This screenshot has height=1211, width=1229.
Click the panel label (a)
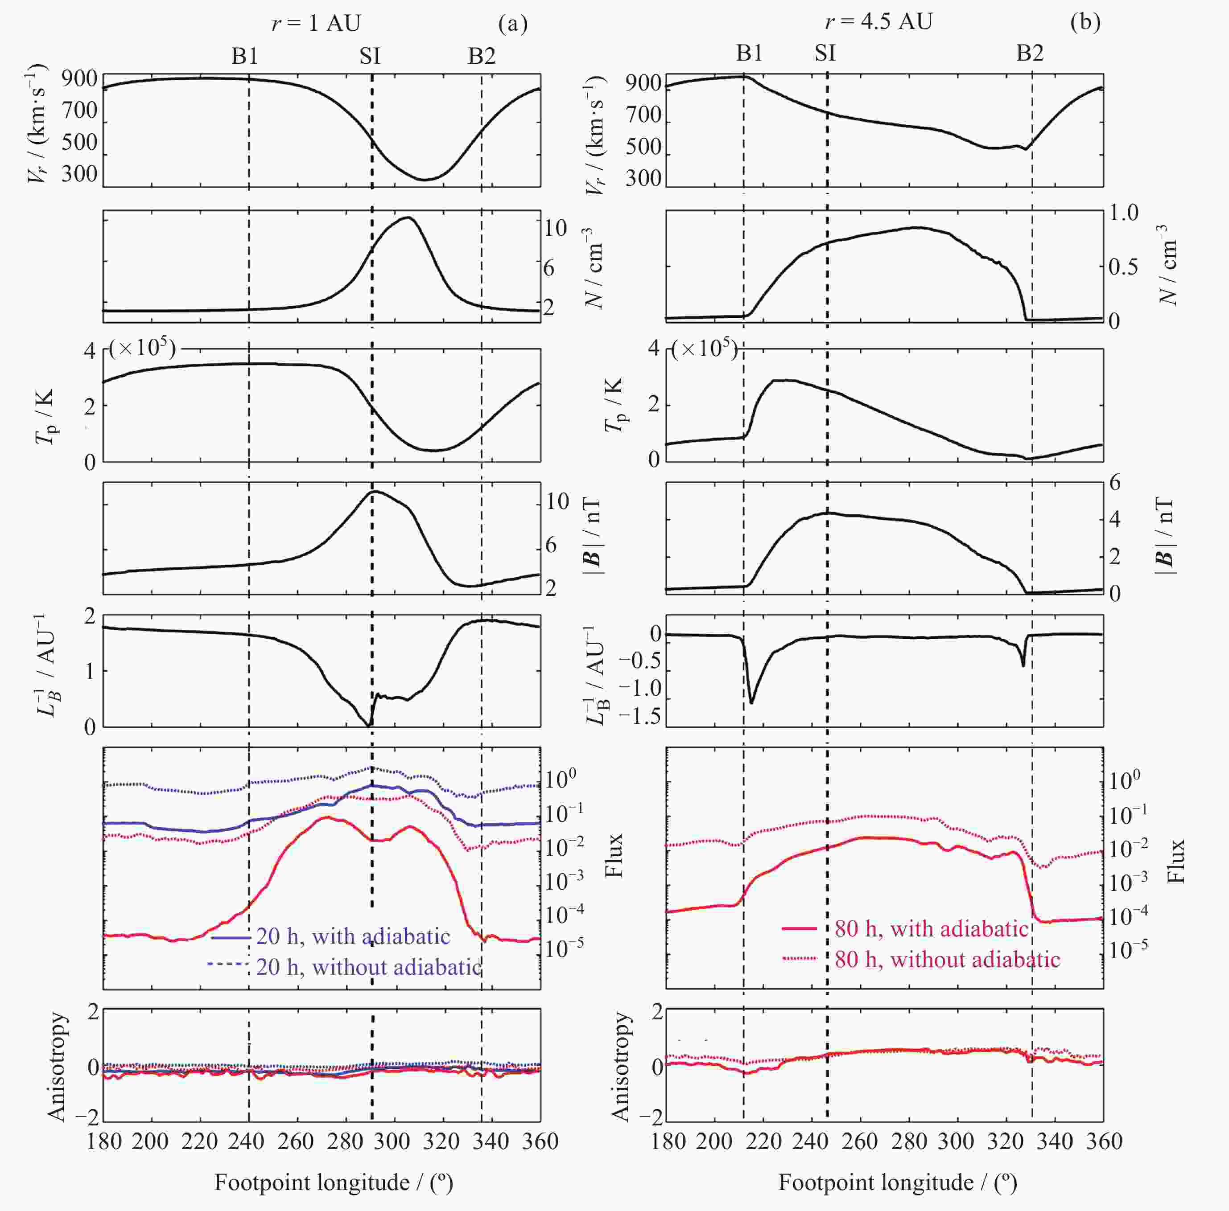pyautogui.click(x=513, y=24)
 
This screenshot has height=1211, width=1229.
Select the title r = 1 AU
pyautogui.click(x=316, y=24)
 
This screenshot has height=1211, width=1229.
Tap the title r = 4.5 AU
pyautogui.click(x=878, y=22)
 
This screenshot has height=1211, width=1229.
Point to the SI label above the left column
pyautogui.click(x=370, y=57)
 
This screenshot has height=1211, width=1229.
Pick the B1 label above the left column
pyautogui.click(x=245, y=57)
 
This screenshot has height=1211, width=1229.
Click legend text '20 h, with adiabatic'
pyautogui.click(x=353, y=936)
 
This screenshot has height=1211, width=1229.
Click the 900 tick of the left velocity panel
pyautogui.click(x=79, y=79)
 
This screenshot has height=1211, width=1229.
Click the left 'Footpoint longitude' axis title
pyautogui.click(x=333, y=1183)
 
